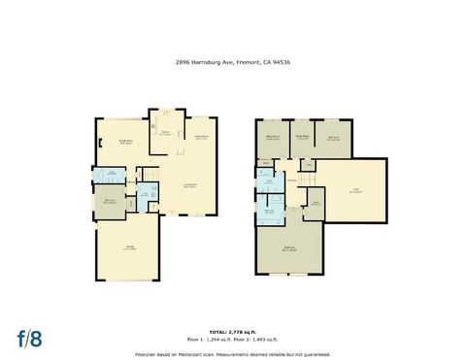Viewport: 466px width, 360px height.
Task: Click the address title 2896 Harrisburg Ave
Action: tap(233, 61)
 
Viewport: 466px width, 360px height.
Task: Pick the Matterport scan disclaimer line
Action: tap(233, 354)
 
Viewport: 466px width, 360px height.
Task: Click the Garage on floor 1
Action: tap(129, 248)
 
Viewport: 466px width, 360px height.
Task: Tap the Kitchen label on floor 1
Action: tap(165, 132)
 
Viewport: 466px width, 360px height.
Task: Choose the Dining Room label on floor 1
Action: tap(202, 137)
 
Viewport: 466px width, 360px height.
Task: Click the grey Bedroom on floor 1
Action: tap(111, 202)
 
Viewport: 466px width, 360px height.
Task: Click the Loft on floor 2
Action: tap(356, 191)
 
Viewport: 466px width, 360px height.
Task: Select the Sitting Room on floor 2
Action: tap(273, 138)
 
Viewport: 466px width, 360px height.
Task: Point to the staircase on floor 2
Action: tap(308, 176)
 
